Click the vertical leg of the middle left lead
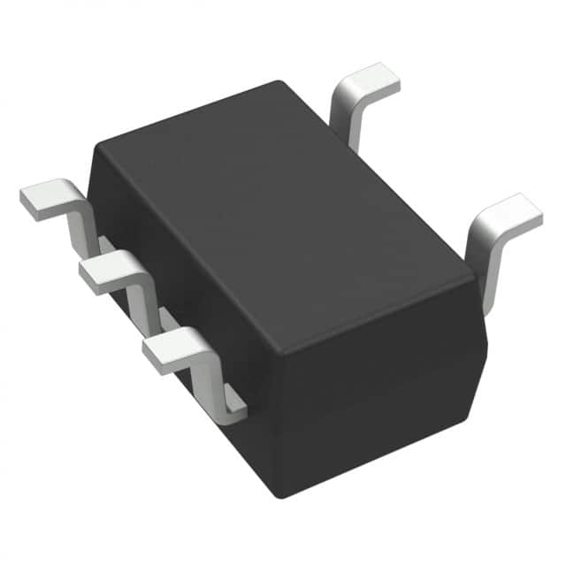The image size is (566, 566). (141, 305)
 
